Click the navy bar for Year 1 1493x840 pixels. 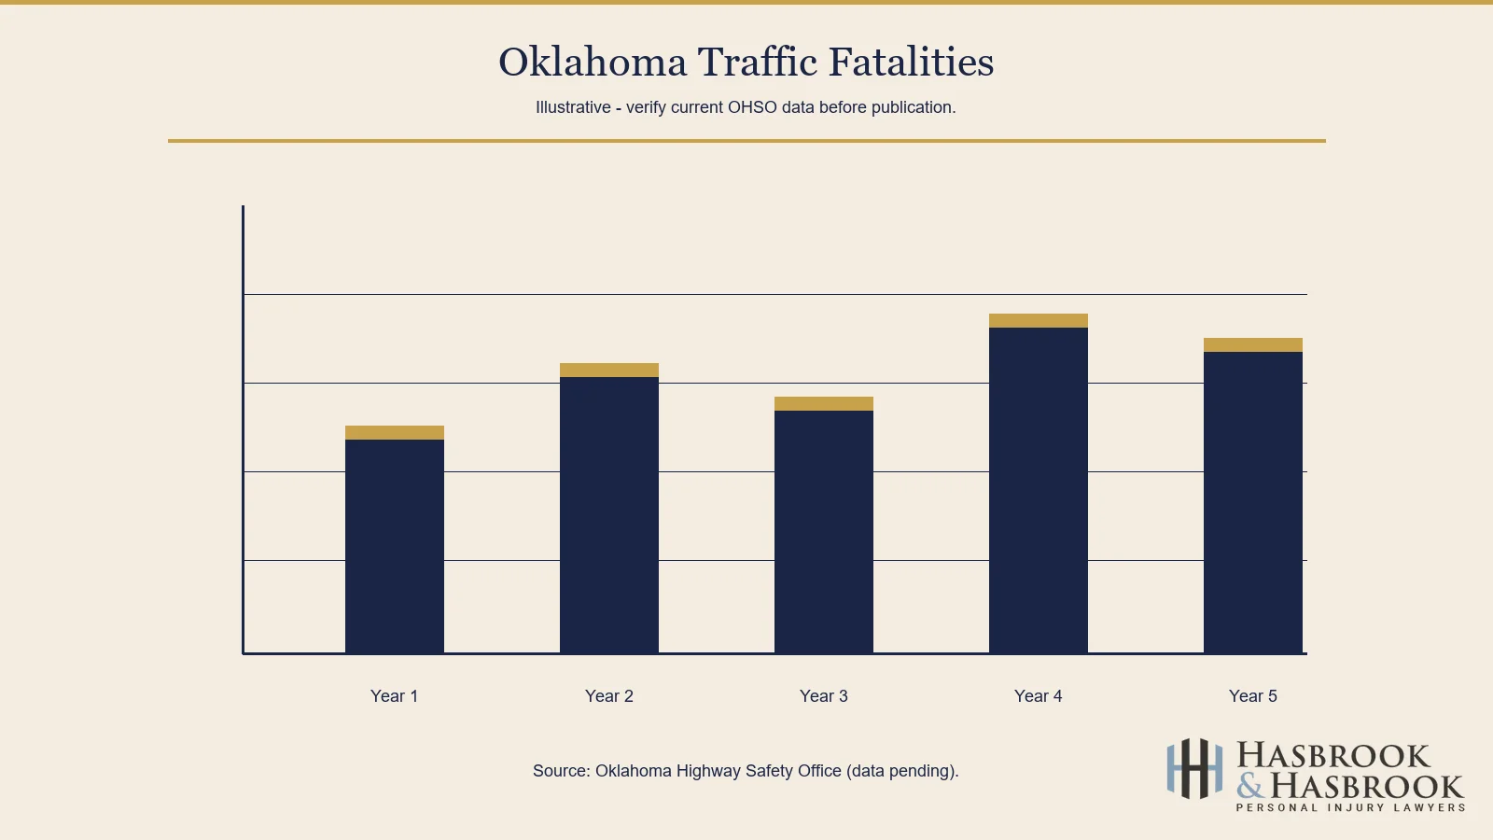[395, 546]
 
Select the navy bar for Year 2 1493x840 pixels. [609, 515]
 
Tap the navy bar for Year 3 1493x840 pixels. [824, 532]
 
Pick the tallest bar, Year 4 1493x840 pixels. [1039, 490]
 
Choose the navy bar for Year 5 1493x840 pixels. [1253, 502]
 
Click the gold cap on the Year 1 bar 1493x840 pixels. [395, 433]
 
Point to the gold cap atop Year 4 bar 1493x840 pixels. [1039, 321]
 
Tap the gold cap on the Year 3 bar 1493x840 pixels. [824, 404]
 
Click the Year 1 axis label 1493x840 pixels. [394, 696]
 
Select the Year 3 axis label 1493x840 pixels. [823, 696]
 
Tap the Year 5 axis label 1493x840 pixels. [1252, 696]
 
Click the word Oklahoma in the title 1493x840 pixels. [593, 63]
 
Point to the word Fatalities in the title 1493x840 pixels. [911, 63]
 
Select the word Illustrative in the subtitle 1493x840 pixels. [573, 107]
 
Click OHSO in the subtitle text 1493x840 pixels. [752, 107]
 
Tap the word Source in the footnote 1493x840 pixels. [561, 771]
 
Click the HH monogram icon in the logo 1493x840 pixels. [1194, 769]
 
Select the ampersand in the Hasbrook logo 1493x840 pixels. [1250, 786]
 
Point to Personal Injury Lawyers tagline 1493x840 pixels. [1350, 808]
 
